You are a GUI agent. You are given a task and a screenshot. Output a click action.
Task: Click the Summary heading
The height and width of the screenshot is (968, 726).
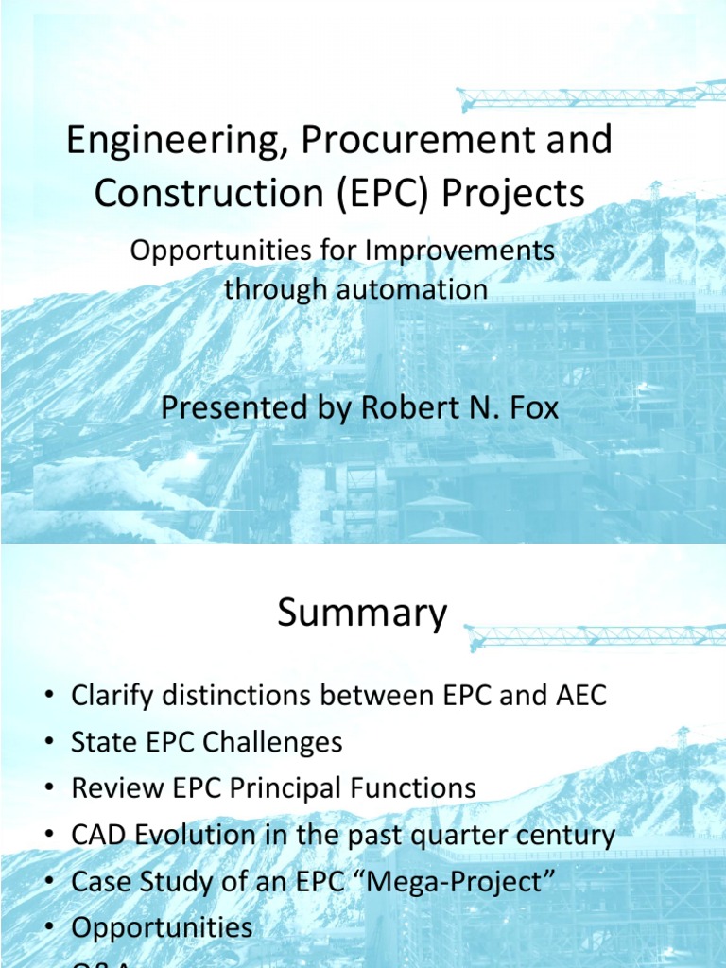tap(362, 614)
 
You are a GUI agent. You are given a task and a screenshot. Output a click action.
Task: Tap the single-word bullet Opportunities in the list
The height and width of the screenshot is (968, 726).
tap(162, 927)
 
